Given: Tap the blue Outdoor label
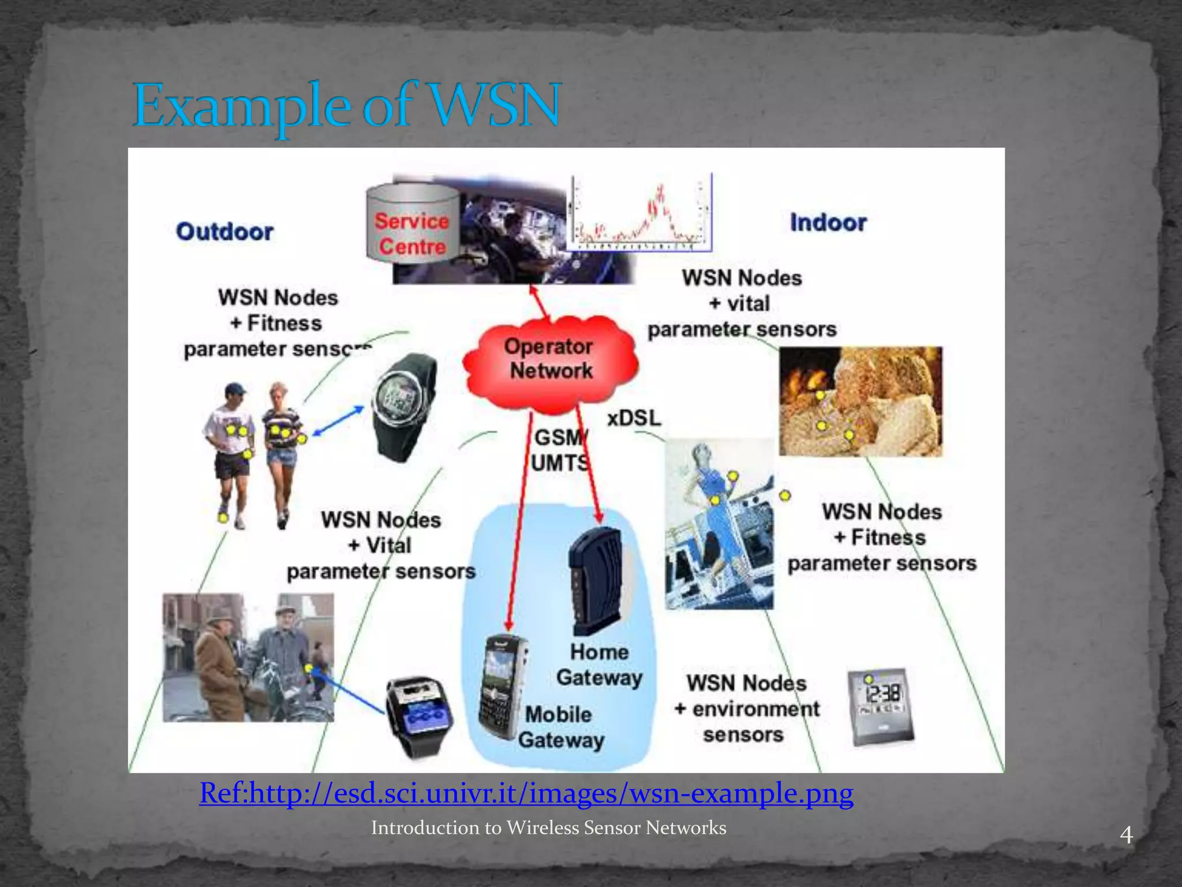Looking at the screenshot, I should (225, 232).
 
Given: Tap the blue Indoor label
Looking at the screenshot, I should (828, 223).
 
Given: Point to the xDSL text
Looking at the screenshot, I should (634, 418).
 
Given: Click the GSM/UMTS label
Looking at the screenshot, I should (559, 450).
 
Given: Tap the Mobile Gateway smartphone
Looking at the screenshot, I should (502, 687).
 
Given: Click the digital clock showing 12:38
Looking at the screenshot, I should (880, 706).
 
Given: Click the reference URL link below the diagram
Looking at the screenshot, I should (526, 793).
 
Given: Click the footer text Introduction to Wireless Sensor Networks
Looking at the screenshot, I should (548, 828).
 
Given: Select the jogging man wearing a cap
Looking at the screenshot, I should (231, 450).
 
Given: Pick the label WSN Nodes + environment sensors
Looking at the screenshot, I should (746, 709).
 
